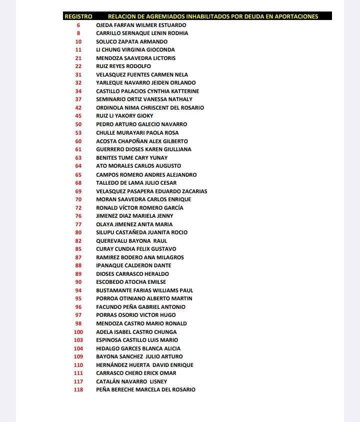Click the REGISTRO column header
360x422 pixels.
coord(78,17)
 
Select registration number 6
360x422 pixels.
coord(78,25)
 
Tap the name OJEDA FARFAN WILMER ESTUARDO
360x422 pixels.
coord(141,25)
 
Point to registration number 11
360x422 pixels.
coord(78,50)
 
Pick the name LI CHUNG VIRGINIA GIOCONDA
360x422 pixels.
coord(135,50)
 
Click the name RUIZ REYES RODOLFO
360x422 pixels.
coord(123,66)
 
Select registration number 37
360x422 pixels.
coord(78,99)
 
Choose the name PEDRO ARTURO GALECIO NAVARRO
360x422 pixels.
coord(141,124)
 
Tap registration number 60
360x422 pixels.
coord(78,141)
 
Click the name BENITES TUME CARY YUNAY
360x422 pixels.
coord(131,158)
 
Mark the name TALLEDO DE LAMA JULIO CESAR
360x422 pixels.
coord(136,183)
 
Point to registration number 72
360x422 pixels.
coord(78,208)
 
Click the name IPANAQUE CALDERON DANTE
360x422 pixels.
coord(133,265)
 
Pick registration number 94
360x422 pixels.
coord(78,290)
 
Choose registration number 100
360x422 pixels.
coord(78,332)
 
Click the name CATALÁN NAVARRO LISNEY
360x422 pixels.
coord(132,381)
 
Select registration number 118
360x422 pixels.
coord(78,389)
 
